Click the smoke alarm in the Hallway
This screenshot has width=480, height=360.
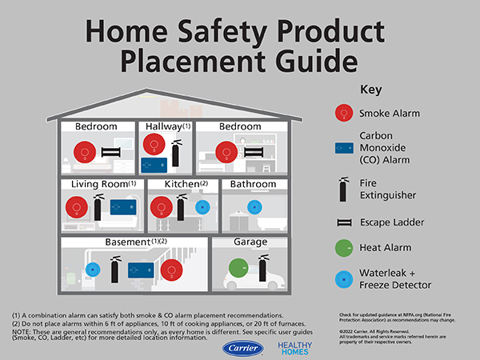154,145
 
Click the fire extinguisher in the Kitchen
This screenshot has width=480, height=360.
182,206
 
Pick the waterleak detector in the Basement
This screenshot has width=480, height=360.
93,270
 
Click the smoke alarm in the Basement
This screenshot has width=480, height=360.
170,270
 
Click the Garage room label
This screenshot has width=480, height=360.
250,242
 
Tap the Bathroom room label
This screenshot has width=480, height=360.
254,184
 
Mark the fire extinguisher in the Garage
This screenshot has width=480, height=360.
261,269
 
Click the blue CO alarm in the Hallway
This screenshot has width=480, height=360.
154,164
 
